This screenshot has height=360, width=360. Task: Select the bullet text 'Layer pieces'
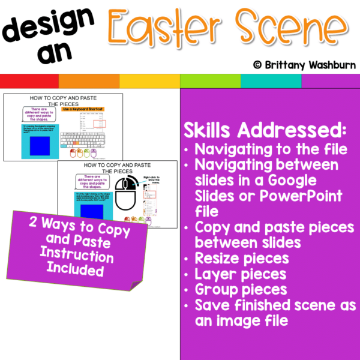[x=233, y=275]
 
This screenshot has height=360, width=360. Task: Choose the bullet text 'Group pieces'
[x=235, y=290]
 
